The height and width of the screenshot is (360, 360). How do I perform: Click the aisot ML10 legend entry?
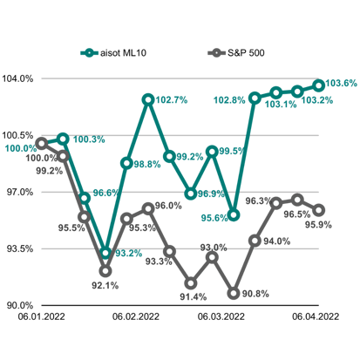(x=113, y=53)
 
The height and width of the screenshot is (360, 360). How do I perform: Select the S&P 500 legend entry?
(x=236, y=53)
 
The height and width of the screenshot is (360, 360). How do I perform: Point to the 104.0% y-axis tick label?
(x=17, y=78)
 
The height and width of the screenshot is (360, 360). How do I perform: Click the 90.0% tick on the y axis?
(x=20, y=305)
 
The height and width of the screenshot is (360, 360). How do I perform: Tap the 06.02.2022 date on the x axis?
(x=136, y=316)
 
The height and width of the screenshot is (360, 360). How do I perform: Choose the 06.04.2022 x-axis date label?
(x=316, y=316)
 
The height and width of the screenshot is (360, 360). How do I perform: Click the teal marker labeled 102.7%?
(x=148, y=99)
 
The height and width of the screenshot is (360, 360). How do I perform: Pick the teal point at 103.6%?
(x=319, y=85)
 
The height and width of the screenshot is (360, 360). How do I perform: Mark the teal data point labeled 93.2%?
(x=105, y=253)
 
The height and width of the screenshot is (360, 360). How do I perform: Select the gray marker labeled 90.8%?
(x=234, y=293)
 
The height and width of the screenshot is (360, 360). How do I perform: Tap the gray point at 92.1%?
(x=105, y=271)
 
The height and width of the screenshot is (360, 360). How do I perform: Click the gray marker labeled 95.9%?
(x=319, y=210)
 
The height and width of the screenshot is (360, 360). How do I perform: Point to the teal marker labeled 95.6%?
(x=234, y=215)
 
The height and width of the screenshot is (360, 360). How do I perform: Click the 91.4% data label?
(x=194, y=296)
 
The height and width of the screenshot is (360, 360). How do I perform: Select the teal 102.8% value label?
(x=229, y=100)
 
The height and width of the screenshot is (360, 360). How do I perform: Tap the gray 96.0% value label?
(x=168, y=206)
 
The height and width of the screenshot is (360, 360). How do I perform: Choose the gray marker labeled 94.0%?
(x=255, y=241)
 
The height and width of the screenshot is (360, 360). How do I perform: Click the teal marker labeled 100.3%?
(x=63, y=139)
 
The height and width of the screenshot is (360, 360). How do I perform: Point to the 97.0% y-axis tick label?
(x=20, y=192)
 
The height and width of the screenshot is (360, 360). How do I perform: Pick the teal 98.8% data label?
(x=147, y=165)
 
